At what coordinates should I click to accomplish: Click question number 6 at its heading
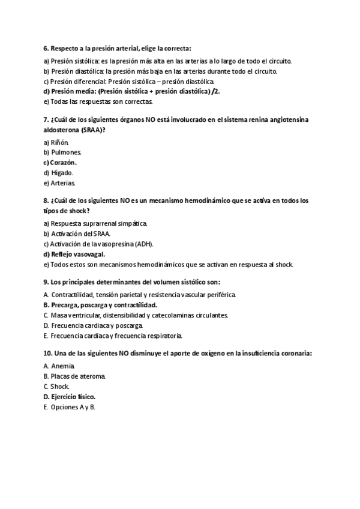coord(46,48)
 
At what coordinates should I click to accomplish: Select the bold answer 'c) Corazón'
coord(61,163)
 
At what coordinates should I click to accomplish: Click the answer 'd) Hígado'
coord(58,173)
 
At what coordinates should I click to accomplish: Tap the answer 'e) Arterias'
coord(59,183)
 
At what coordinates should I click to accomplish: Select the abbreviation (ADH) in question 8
coord(144,244)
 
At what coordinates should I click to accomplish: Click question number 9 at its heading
coord(46,281)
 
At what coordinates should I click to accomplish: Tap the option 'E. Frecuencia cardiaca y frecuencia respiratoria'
coord(113,335)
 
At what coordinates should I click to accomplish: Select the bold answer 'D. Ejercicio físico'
coord(70,396)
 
